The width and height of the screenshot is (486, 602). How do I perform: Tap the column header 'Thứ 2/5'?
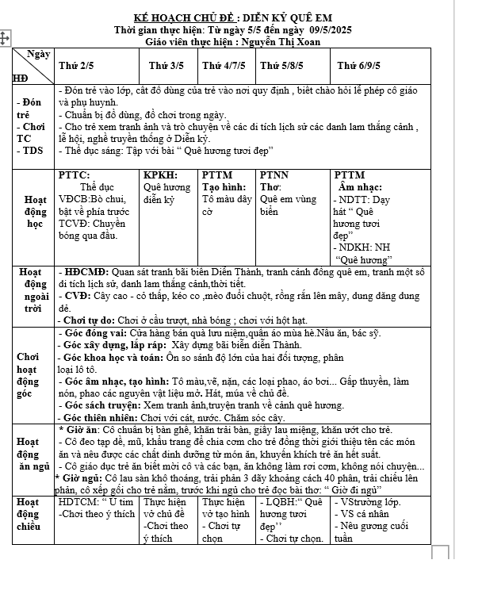[76, 65]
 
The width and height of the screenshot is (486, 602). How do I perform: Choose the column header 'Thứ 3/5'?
[166, 65]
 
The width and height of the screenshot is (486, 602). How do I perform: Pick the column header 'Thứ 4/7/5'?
[223, 65]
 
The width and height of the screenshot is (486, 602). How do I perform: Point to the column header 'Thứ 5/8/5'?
[282, 65]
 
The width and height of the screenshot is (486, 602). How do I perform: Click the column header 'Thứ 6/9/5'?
[360, 65]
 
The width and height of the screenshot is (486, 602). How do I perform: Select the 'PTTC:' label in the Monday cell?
[75, 174]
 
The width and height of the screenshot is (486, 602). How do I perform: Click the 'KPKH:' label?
[159, 174]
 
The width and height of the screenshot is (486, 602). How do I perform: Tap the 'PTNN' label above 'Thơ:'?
[274, 174]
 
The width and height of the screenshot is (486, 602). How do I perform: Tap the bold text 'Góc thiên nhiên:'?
[104, 417]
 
